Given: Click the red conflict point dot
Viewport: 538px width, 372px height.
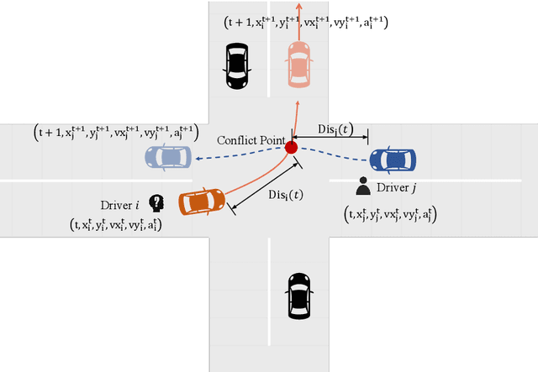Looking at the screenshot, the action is tap(291, 148).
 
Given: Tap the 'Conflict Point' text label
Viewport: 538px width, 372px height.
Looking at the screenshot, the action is tap(250, 139).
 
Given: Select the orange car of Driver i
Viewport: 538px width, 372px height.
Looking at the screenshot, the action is tap(203, 202).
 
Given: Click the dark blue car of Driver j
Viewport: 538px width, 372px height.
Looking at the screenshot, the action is tap(393, 159).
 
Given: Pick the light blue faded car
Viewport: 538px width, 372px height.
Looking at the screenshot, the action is tap(168, 157).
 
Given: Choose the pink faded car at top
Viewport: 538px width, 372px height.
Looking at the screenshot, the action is tap(299, 62).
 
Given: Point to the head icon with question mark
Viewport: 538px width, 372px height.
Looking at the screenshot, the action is tap(156, 202).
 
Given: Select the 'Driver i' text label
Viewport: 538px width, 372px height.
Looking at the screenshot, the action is tap(123, 205).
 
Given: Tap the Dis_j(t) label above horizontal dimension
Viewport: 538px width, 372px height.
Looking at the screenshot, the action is tap(335, 130).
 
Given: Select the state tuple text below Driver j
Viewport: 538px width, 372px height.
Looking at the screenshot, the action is tap(393, 215).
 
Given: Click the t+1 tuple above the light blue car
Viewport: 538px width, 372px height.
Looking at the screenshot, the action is tap(116, 132).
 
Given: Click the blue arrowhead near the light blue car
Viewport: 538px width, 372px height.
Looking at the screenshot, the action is tap(191, 157).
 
